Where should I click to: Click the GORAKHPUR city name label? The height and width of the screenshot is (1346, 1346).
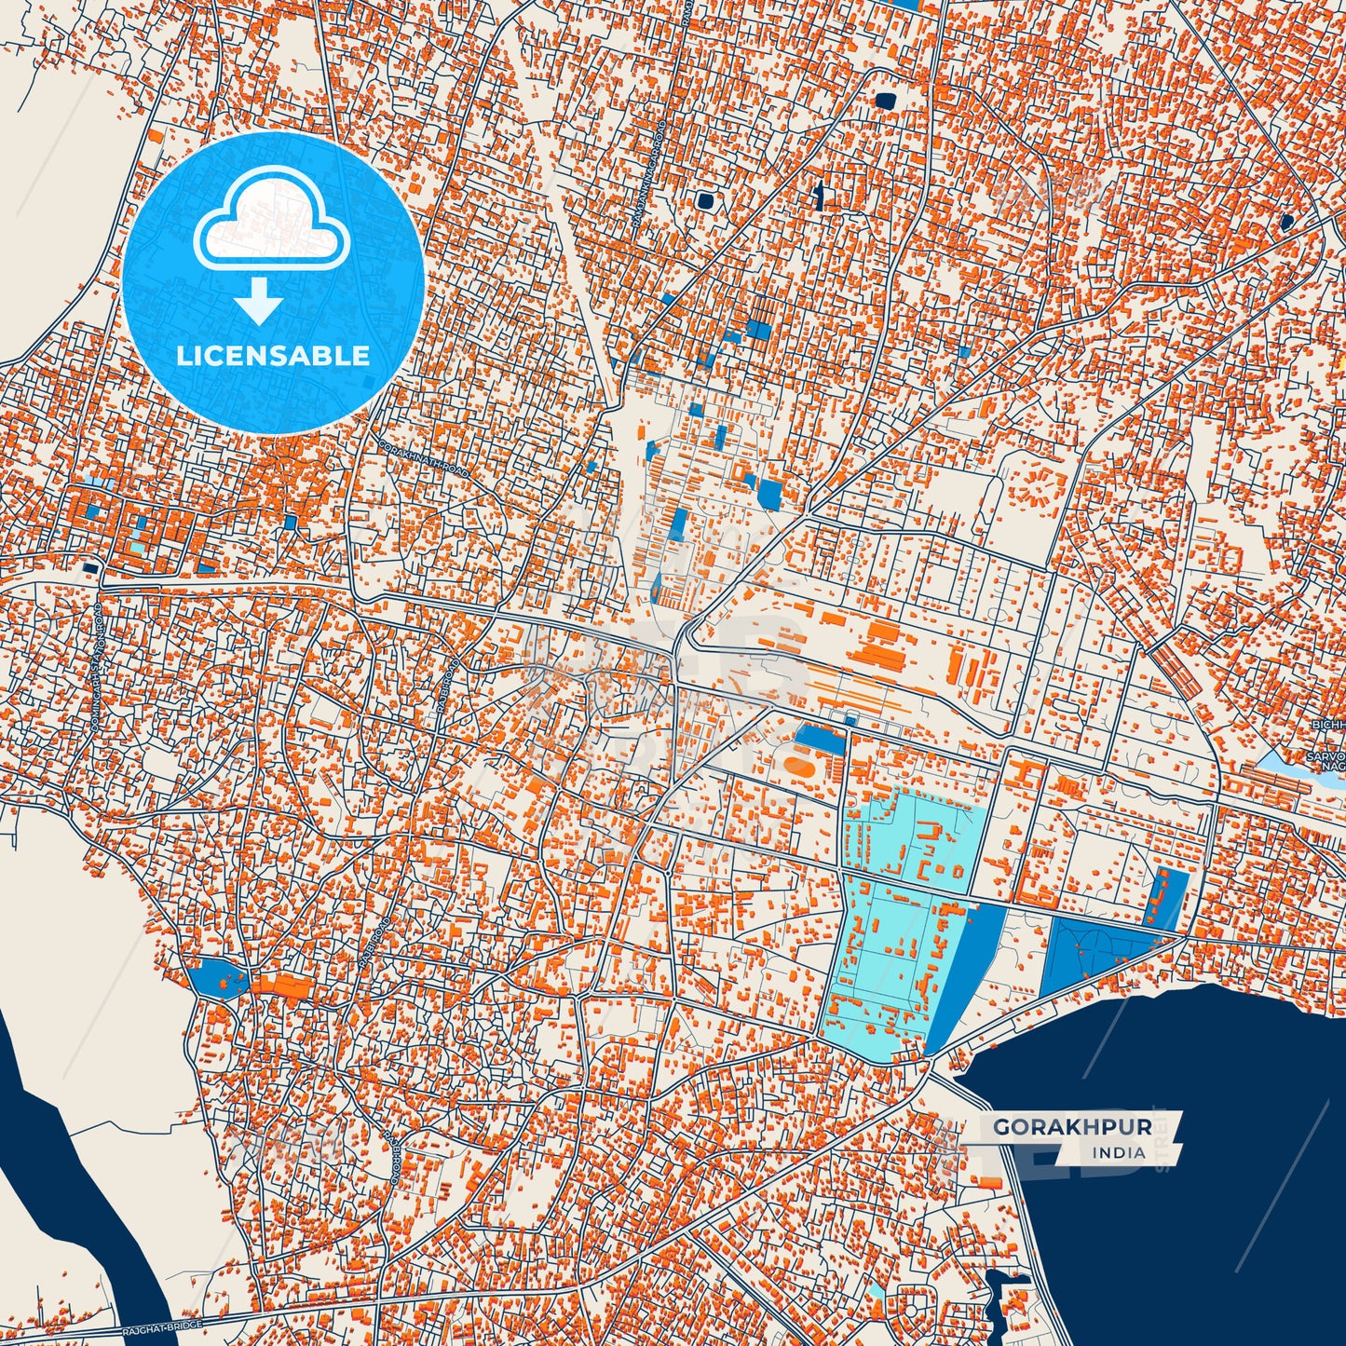(x=1072, y=1127)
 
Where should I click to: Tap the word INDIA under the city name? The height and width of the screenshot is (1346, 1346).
(x=1120, y=1152)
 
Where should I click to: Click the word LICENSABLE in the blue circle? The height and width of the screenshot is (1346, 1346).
(x=273, y=355)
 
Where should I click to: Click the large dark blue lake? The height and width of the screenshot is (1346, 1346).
(x=1164, y=1164)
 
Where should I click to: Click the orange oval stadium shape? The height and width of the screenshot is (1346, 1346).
(x=798, y=768)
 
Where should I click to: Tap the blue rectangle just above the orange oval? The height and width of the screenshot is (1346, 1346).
(x=820, y=741)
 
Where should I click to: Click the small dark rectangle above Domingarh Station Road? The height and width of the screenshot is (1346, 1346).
(x=91, y=566)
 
